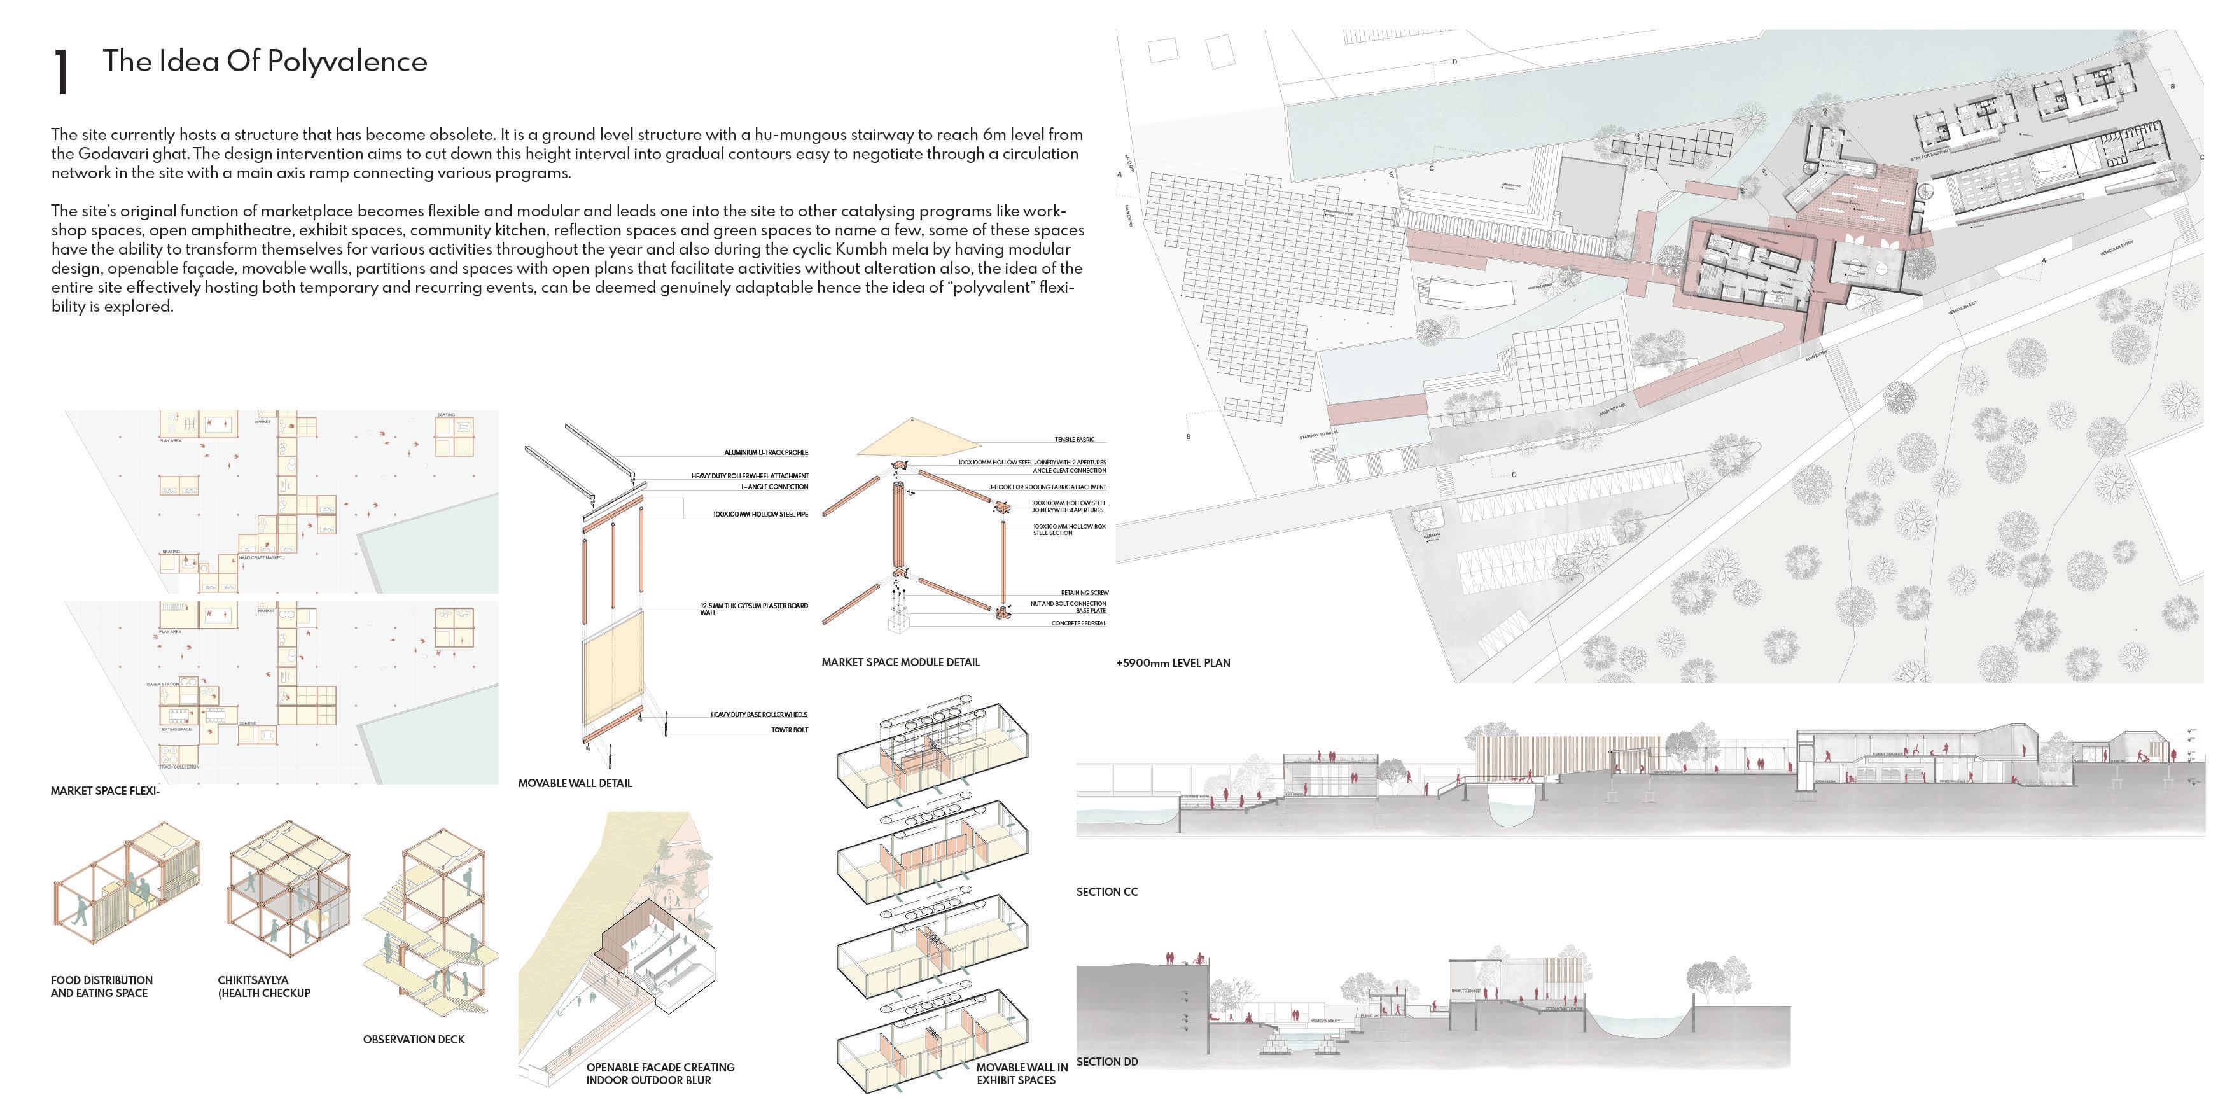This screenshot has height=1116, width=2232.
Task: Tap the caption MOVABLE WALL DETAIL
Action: click(x=575, y=783)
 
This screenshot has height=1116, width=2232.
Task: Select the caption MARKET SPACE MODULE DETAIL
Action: click(x=900, y=662)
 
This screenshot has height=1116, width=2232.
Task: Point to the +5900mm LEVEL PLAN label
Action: click(x=1173, y=663)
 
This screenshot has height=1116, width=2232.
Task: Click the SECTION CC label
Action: click(x=1106, y=891)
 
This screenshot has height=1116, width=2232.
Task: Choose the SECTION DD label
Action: click(x=1106, y=1061)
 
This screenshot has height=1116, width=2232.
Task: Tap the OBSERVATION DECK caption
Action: click(x=414, y=1039)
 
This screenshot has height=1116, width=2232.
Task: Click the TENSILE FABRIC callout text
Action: click(x=1075, y=439)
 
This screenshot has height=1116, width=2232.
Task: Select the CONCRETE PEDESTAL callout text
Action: click(x=1078, y=623)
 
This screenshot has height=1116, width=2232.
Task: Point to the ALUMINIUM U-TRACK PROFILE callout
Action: click(x=766, y=452)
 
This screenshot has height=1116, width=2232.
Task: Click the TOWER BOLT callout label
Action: click(x=790, y=730)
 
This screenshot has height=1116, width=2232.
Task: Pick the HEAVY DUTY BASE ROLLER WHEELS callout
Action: click(x=759, y=715)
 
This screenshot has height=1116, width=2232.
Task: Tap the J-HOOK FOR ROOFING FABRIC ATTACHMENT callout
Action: click(x=1047, y=487)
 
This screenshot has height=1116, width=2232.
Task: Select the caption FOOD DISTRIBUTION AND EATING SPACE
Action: click(x=101, y=986)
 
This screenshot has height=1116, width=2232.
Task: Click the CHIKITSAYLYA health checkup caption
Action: click(x=263, y=986)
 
